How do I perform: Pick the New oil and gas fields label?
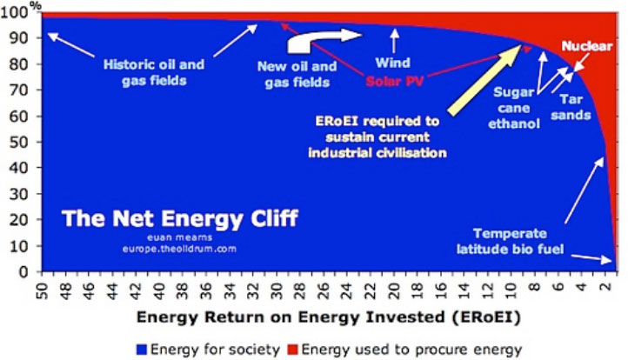pyautogui.click(x=293, y=75)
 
